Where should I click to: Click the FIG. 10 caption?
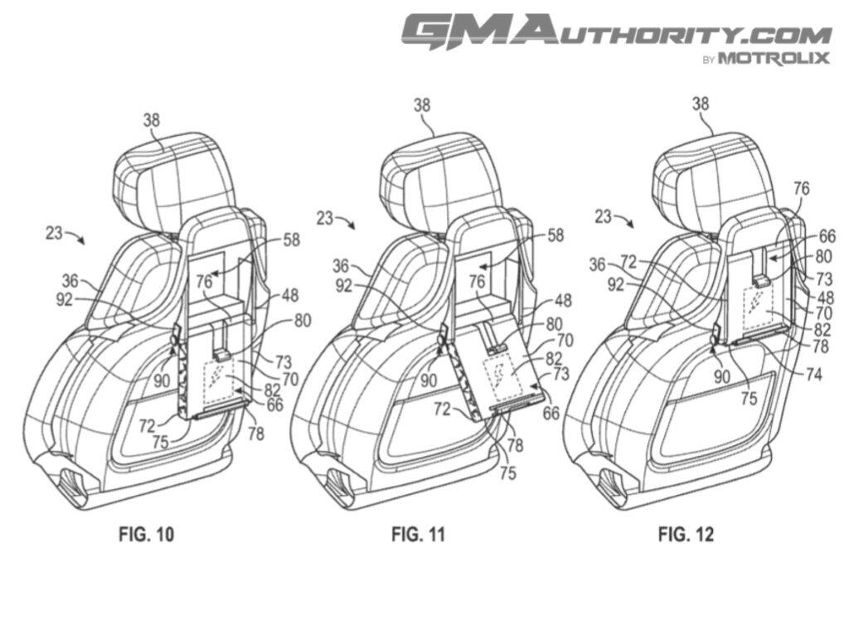click(147, 534)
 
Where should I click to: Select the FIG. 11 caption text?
click(418, 534)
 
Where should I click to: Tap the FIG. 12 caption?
click(686, 534)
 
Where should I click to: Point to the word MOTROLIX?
click(773, 58)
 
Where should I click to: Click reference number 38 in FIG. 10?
click(151, 119)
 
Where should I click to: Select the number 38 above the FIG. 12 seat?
click(701, 104)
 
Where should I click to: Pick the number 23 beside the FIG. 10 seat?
click(54, 233)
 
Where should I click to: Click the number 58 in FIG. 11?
click(555, 235)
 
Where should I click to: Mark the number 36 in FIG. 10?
click(70, 281)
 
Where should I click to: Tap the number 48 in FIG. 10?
click(289, 294)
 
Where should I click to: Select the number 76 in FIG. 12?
click(802, 189)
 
